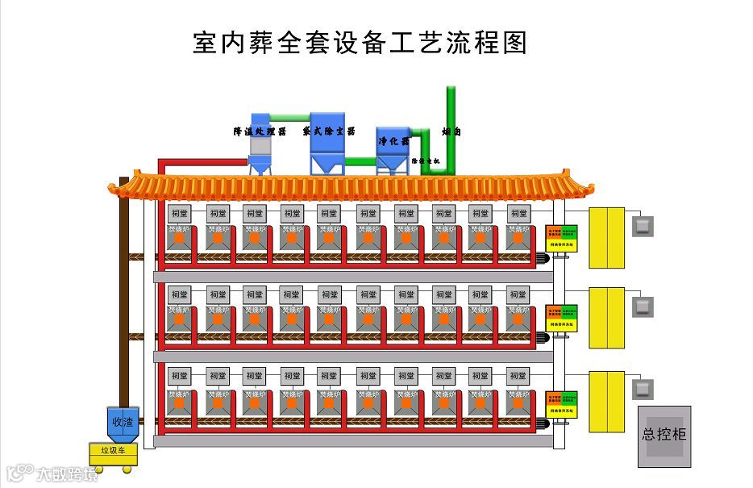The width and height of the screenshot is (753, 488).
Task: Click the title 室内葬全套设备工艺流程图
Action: pyautogui.click(x=360, y=43)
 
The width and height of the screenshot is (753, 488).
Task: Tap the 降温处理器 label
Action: pyautogui.click(x=260, y=131)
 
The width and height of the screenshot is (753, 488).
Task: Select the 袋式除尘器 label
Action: pyautogui.click(x=328, y=131)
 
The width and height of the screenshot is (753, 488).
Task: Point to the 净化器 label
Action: pyautogui.click(x=393, y=141)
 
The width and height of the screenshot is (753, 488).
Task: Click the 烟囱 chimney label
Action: pyautogui.click(x=451, y=131)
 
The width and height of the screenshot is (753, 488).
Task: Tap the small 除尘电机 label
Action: pyautogui.click(x=426, y=161)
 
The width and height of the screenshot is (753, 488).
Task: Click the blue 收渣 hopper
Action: pyautogui.click(x=123, y=422)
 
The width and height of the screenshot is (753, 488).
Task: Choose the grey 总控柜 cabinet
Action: pyautogui.click(x=664, y=436)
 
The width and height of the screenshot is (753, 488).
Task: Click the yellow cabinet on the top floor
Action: pyautogui.click(x=606, y=237)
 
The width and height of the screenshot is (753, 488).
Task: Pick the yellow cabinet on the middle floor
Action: pyautogui.click(x=606, y=318)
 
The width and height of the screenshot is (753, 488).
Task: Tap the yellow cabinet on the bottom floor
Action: pyautogui.click(x=606, y=401)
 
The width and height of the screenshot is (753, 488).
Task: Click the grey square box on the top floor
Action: pyautogui.click(x=643, y=227)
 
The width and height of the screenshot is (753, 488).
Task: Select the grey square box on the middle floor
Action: pyautogui.click(x=643, y=307)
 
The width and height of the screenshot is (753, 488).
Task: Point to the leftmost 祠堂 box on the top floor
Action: pyautogui.click(x=179, y=214)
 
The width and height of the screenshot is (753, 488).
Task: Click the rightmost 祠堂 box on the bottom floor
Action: pyautogui.click(x=518, y=376)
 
